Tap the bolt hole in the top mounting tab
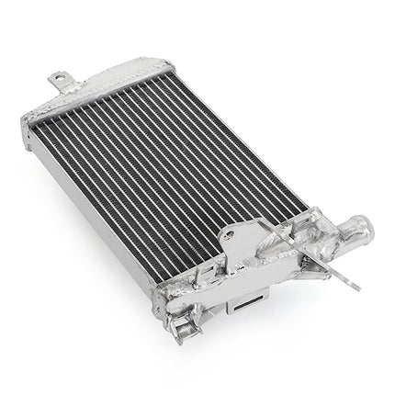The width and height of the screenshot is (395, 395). tap(61, 79)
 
